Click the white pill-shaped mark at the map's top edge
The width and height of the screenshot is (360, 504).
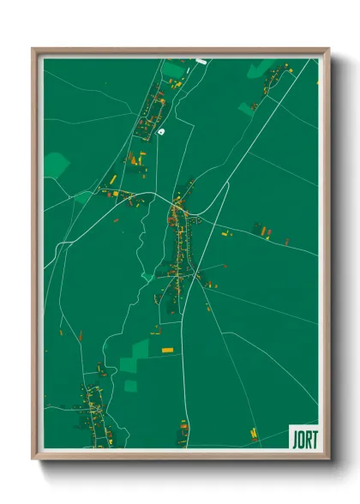[201, 61]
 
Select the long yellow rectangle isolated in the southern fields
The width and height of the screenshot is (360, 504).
[166, 350]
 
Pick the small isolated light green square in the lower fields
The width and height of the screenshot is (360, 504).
[130, 386]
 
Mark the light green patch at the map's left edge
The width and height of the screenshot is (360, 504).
[56, 165]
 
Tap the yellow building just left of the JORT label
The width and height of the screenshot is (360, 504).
[254, 434]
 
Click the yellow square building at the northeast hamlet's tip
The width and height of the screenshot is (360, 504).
[282, 66]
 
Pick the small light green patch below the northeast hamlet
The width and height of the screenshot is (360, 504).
[246, 109]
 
